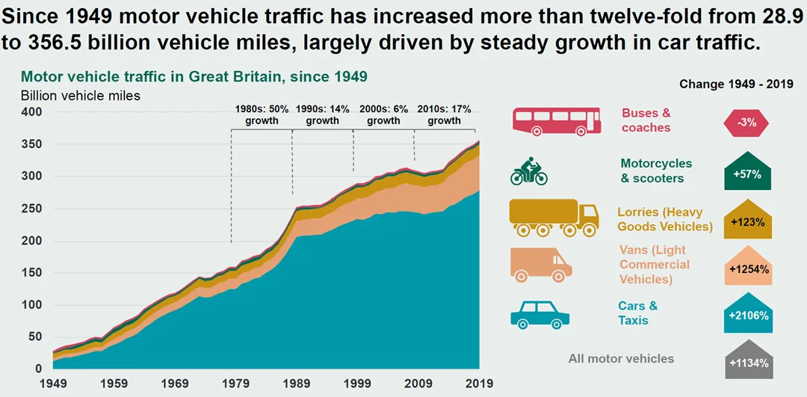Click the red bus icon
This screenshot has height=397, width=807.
(x=557, y=121)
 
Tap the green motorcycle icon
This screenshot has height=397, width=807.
(x=529, y=172)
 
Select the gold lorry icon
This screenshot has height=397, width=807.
(x=554, y=218)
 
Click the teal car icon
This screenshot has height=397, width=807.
(x=540, y=315)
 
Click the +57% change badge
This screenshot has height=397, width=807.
(x=747, y=171)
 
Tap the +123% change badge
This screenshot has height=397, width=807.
(x=747, y=220)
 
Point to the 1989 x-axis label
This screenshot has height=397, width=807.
(x=296, y=383)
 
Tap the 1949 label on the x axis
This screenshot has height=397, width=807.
(x=52, y=383)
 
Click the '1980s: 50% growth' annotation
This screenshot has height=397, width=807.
(x=262, y=115)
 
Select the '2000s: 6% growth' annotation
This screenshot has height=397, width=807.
(x=383, y=115)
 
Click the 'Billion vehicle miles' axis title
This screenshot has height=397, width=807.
(x=80, y=96)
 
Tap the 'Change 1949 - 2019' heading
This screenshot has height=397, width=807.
(x=737, y=84)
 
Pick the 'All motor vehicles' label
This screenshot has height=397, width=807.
(x=621, y=358)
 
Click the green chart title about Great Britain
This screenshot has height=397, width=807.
(x=194, y=77)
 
